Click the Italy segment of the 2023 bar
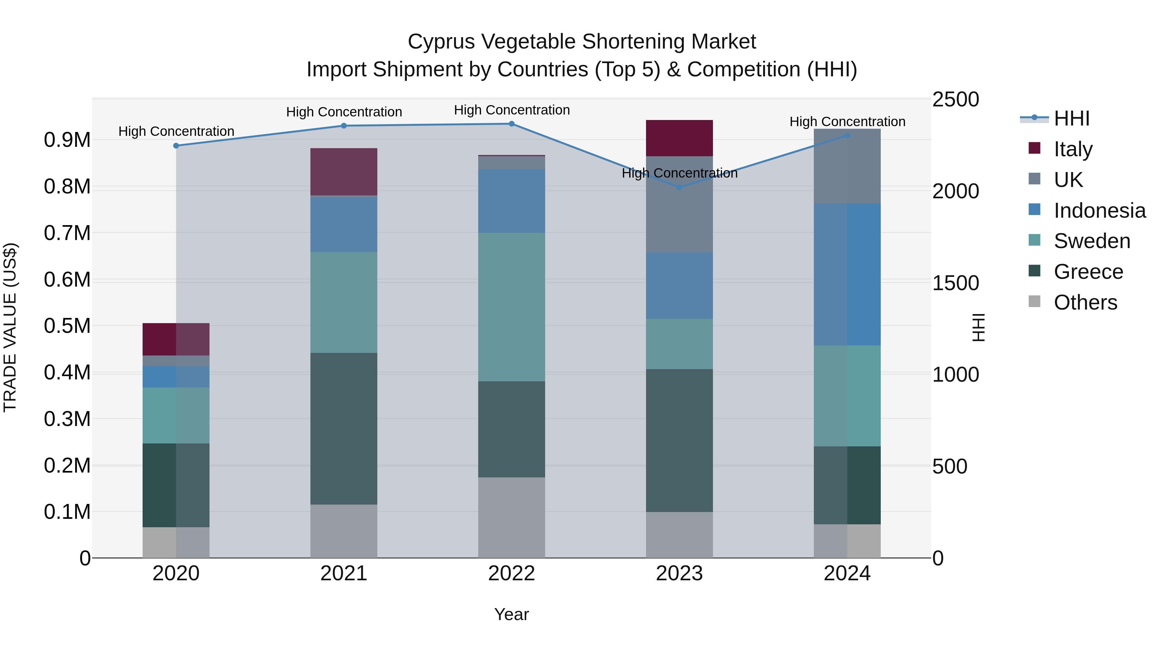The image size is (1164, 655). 679,138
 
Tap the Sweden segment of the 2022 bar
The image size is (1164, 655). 512,307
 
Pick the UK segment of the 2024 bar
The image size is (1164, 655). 847,166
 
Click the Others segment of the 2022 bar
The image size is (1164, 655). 512,517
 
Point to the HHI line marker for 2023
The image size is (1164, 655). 679,187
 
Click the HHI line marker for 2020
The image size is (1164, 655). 176,146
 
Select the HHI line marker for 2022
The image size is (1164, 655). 512,124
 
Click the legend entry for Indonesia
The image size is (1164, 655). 1099,211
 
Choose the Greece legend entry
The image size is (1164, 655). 1088,272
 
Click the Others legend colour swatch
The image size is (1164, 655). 1034,301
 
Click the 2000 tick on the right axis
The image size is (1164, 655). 955,191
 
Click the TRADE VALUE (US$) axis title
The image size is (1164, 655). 10,327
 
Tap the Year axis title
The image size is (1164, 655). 512,614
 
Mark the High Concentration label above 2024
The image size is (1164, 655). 847,122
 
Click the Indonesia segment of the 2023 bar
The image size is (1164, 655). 679,285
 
